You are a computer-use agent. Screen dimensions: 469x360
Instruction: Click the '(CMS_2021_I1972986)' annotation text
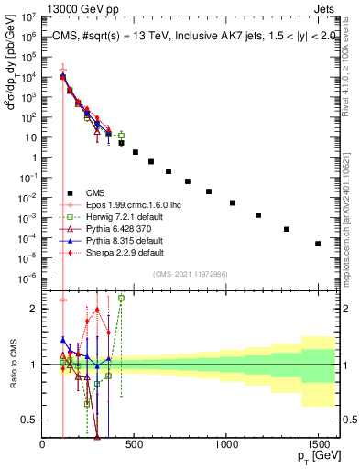tap(190, 274)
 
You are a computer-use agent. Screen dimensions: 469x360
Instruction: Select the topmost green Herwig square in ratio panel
tap(122, 298)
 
